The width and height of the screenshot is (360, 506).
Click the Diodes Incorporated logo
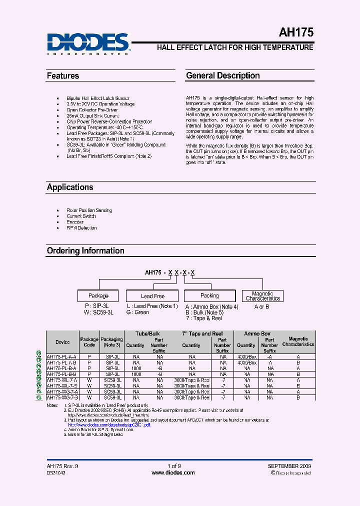(x=88, y=43)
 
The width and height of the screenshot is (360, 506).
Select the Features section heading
(x=63, y=76)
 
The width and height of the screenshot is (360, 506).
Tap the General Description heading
(x=223, y=75)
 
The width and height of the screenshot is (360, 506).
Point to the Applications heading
(x=70, y=187)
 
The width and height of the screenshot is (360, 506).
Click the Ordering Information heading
(x=85, y=250)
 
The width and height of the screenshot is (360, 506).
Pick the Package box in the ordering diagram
(x=98, y=295)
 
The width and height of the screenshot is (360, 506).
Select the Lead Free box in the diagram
(x=152, y=296)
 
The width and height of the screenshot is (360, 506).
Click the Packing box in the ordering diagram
(x=209, y=295)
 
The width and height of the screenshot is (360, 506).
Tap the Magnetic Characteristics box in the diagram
(x=262, y=296)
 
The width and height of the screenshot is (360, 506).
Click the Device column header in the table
(x=62, y=342)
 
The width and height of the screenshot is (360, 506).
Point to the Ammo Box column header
(x=257, y=333)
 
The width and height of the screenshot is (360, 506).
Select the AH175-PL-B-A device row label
(x=61, y=367)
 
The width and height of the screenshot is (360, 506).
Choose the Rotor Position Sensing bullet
(x=89, y=210)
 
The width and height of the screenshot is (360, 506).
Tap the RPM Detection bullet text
(x=81, y=228)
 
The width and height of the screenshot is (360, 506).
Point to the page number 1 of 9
(x=174, y=466)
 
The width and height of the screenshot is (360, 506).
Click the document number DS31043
(x=56, y=472)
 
